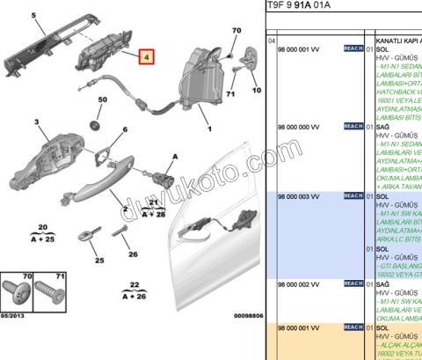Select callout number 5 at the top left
35,16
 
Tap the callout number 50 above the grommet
102,101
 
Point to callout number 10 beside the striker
257,90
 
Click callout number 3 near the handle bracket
37,121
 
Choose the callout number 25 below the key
98,261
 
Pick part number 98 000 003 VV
300,195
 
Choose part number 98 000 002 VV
300,283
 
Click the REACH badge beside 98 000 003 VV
353,195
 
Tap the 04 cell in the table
272,40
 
